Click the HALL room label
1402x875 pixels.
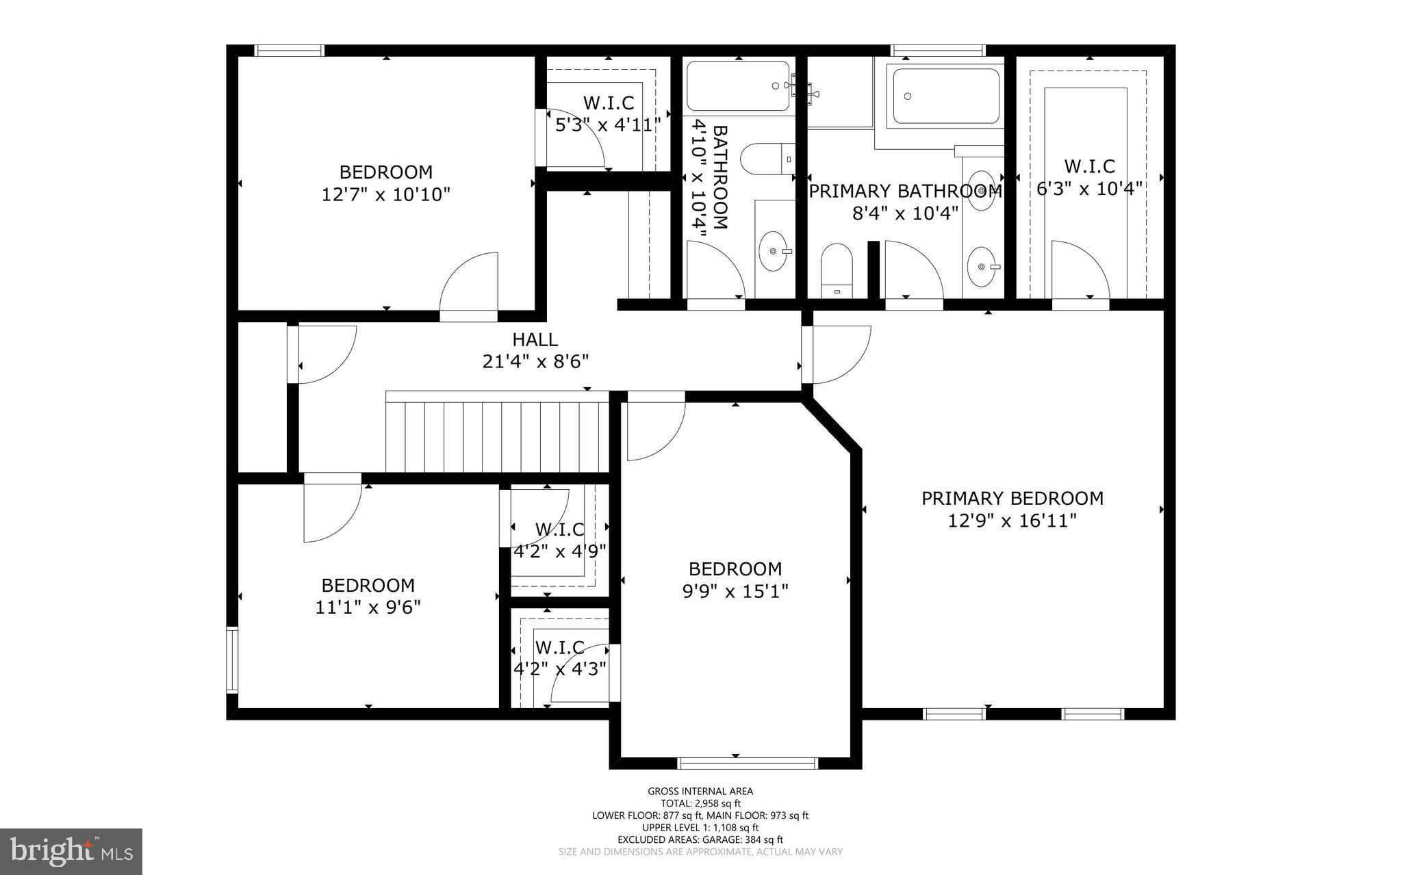click(535, 339)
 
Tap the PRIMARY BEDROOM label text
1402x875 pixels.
click(1012, 498)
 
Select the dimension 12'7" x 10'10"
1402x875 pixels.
click(385, 195)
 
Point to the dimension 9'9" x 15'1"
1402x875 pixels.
click(735, 591)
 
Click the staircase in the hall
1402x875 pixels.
click(497, 436)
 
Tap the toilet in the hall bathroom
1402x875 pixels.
click(767, 159)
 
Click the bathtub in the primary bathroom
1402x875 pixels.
click(945, 95)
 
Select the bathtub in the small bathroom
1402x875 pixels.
click(738, 86)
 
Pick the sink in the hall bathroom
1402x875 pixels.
click(774, 251)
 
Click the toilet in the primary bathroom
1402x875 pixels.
click(837, 267)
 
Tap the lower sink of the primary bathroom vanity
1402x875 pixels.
click(982, 266)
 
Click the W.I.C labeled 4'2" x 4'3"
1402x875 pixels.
click(560, 657)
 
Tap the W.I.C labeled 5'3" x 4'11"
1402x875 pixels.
click(608, 114)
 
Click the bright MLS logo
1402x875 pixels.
click(71, 851)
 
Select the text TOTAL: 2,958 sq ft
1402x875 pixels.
click(700, 803)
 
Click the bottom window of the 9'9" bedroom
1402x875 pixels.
click(748, 763)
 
